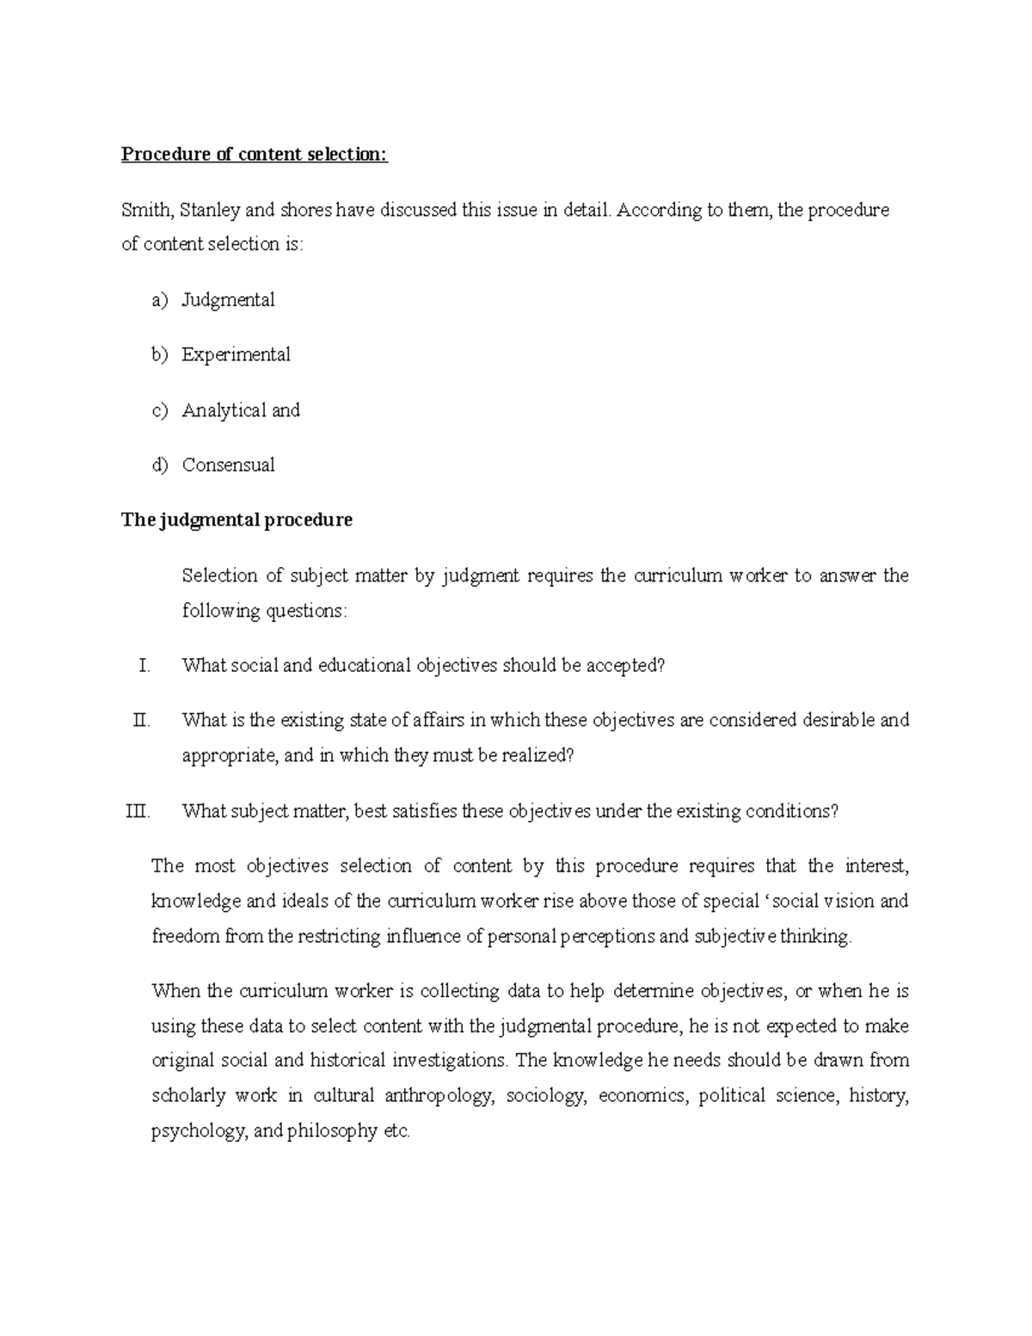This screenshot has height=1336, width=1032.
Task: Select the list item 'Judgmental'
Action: click(x=228, y=300)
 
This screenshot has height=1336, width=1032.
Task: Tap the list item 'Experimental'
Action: click(x=236, y=354)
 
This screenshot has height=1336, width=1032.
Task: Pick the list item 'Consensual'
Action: click(x=228, y=465)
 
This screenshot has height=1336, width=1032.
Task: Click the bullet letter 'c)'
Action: click(x=161, y=410)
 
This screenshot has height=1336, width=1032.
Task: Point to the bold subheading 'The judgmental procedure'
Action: click(x=236, y=520)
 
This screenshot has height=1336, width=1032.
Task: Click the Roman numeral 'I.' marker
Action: click(x=144, y=666)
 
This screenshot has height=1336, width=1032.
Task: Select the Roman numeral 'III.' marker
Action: click(x=138, y=811)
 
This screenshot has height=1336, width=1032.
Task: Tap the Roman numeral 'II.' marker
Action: click(x=141, y=720)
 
